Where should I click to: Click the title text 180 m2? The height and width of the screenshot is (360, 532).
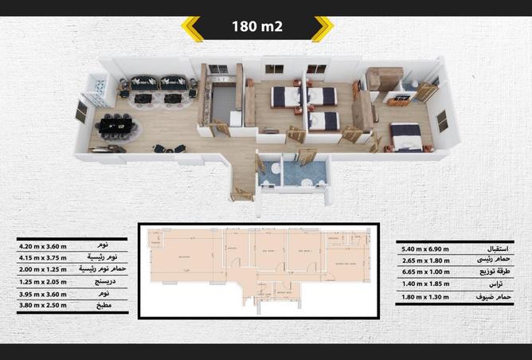pos(257,27)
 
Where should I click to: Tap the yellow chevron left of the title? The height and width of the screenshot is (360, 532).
pos(192,28)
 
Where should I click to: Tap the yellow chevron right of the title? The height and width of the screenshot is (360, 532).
pos(322,28)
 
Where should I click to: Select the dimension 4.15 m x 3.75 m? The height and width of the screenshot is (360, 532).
pos(43,258)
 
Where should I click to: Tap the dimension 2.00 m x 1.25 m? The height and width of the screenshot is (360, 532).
pos(43,269)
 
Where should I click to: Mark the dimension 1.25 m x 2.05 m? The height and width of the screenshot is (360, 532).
pos(43,281)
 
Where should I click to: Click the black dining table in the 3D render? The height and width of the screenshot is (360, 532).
pos(117,126)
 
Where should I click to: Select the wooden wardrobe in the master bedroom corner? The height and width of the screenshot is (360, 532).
pos(384,80)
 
